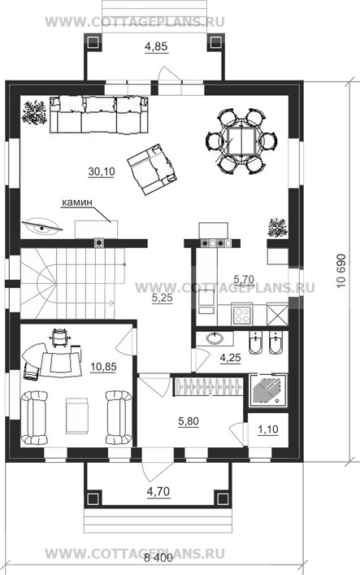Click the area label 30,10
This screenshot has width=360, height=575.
coord(102,172)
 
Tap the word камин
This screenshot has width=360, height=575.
coord(76,202)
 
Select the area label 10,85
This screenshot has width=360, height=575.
coord(104,366)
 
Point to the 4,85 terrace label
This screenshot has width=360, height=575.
coord(156,46)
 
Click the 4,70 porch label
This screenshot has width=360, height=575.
coord(158,491)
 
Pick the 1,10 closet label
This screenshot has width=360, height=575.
coord(268,429)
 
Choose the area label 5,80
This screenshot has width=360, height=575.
coord(189,421)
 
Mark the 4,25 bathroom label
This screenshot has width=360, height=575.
coord(230,357)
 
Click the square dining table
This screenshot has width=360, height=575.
coord(241,142)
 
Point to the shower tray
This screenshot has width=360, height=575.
coord(268,390)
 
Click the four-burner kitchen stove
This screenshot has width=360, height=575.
coord(242,315)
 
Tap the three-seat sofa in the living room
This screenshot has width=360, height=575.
coord(99,115)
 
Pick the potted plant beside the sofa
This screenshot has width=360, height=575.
coord(34,112)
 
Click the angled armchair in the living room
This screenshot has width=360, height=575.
coord(152,169)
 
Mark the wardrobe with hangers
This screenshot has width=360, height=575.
coord(208,386)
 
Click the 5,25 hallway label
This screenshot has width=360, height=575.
coord(162,298)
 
